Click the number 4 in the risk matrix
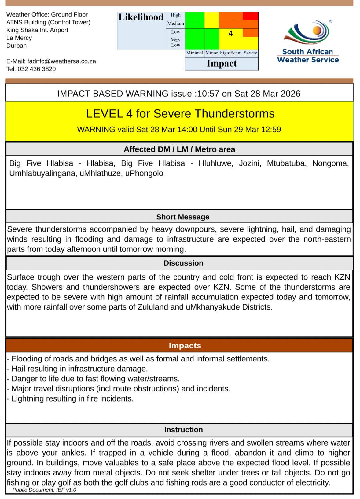pyautogui.click(x=230, y=33)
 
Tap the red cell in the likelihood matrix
pyautogui.click(x=251, y=16)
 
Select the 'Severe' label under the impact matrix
pyautogui.click(x=250, y=53)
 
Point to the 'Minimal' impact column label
pyautogui.click(x=195, y=53)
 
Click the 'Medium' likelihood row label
pyautogui.click(x=176, y=24)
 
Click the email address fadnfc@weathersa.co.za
pyautogui.click(x=62, y=61)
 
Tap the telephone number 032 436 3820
pyautogui.click(x=37, y=69)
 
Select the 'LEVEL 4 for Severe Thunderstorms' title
pyautogui.click(x=180, y=114)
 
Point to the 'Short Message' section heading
pyautogui.click(x=183, y=217)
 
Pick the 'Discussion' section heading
pyautogui.click(x=183, y=263)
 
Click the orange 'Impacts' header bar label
pyautogui.click(x=185, y=346)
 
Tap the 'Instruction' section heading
pyautogui.click(x=183, y=430)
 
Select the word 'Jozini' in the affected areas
pyautogui.click(x=250, y=163)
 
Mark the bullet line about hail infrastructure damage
pyautogui.click(x=79, y=369)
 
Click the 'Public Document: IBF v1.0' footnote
pyautogui.click(x=44, y=490)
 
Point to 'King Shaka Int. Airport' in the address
pyautogui.click(x=37, y=30)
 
